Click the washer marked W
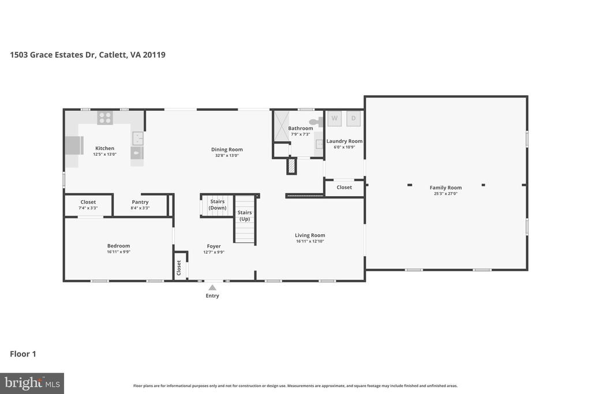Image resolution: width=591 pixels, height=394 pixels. click(x=334, y=119)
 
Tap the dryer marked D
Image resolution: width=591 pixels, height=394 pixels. click(x=353, y=119)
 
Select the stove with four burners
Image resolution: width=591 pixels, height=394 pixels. click(x=105, y=118)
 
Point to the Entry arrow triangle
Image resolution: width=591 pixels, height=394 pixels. click(x=212, y=287)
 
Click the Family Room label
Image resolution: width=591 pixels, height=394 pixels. click(x=446, y=187)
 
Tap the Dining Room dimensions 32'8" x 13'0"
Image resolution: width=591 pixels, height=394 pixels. click(x=227, y=155)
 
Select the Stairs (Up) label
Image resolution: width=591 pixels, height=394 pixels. click(x=245, y=216)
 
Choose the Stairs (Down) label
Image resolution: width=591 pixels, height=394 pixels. click(x=218, y=205)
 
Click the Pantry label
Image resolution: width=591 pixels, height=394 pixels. click(x=140, y=202)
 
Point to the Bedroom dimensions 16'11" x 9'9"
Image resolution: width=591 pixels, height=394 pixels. click(x=118, y=252)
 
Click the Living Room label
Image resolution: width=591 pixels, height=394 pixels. click(x=310, y=235)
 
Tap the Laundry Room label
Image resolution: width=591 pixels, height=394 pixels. click(x=345, y=141)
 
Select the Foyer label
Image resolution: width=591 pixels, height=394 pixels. click(x=214, y=246)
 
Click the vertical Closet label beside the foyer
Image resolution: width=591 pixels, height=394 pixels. click(x=179, y=267)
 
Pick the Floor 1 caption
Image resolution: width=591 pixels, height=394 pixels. click(x=23, y=354)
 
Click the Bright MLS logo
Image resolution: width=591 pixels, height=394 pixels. click(x=32, y=383)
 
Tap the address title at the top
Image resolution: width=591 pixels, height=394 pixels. click(x=88, y=55)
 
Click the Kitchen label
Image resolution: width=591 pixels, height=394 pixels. click(x=104, y=148)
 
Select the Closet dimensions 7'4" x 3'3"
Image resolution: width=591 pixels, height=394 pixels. click(x=88, y=208)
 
